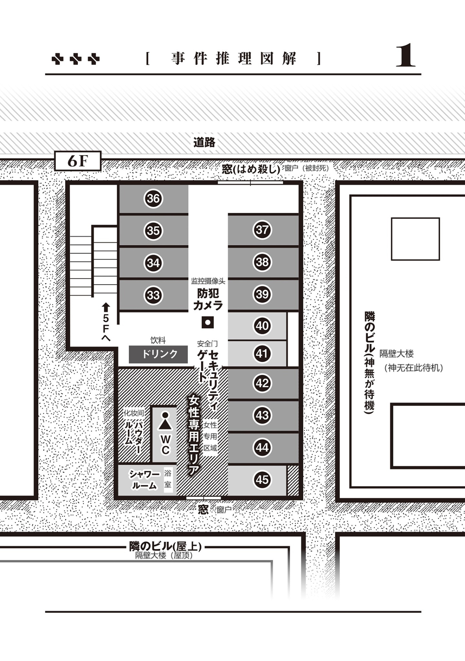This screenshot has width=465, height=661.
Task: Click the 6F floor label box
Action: pos(78,161)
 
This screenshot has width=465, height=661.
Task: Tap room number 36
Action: pos(153,198)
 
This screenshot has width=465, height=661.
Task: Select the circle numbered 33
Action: pos(153,295)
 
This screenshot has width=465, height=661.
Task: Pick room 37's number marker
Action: pos(262,230)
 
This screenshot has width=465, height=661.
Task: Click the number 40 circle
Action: pos(262,326)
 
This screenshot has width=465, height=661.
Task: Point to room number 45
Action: pos(262,480)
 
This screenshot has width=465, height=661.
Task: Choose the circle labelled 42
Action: pos(262,383)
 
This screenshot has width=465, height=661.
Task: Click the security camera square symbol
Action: pos(208,322)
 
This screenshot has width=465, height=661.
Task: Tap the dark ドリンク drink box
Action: pos(158,354)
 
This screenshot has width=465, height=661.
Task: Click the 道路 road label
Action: pos(204,142)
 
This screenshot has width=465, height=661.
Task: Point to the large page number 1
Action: pos(406,55)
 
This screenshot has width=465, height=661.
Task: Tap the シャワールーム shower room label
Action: pos(144,480)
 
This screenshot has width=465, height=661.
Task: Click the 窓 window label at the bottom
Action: pos(203,509)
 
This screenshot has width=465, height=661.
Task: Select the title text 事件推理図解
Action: pos(234,58)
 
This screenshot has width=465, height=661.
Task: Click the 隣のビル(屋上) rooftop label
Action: pos(165,546)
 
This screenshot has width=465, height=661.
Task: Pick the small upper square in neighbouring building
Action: pos(415,239)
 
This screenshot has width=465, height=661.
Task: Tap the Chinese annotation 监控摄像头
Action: pos(208,281)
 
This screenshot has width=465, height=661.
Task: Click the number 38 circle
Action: pos(262,262)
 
